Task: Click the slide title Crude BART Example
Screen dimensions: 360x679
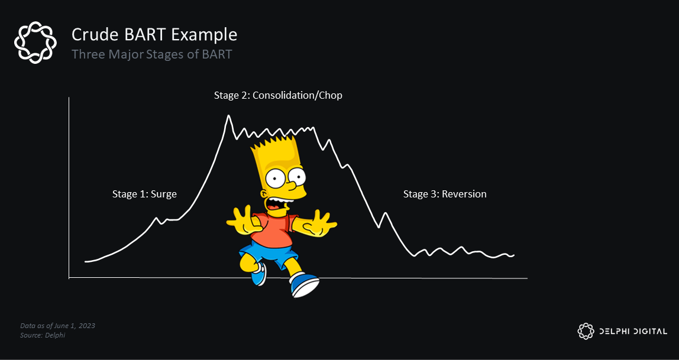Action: [154, 34]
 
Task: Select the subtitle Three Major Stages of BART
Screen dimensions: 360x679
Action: [152, 54]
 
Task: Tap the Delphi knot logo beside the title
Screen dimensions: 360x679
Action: [35, 42]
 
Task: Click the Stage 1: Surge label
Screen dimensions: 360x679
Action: [144, 194]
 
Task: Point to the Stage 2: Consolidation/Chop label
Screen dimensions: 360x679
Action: [278, 95]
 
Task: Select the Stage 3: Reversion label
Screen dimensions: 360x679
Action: [445, 194]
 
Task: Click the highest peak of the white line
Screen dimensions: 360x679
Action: [228, 116]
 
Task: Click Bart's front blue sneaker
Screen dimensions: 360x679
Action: [304, 286]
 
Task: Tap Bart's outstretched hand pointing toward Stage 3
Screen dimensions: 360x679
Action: [323, 223]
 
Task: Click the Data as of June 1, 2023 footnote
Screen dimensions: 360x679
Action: [57, 326]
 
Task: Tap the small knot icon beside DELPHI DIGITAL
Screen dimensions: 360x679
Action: [585, 331]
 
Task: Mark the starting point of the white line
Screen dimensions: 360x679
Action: [86, 261]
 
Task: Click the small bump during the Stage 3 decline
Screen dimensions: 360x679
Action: [386, 213]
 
